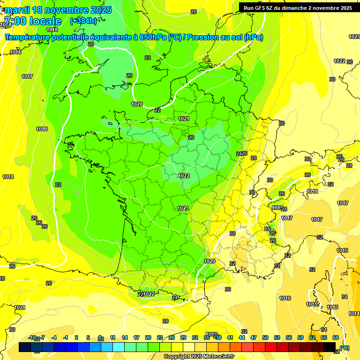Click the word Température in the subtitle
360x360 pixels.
pos(28,37)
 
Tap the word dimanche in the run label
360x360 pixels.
pos(295,8)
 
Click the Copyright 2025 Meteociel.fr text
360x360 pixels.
pos(199,357)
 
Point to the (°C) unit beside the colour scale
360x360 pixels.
pos(344,347)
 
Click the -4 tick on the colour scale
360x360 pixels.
pos(54,337)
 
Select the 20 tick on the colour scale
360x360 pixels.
pos(148,337)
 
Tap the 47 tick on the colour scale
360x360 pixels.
pos(254,337)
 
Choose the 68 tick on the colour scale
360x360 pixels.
pos(336,337)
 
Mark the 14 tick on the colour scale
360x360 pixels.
pos(125,337)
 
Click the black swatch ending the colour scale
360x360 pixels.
pos(330,347)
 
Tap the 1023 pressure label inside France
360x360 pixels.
pos(183,208)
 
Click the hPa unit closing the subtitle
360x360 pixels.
pos(254,37)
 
